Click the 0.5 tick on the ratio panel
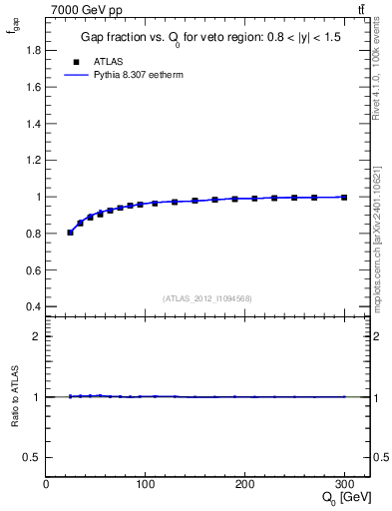coord(34,457)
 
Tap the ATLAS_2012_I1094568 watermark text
coord(206,297)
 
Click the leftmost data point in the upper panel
coord(70,233)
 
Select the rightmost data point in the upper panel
coord(344,198)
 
